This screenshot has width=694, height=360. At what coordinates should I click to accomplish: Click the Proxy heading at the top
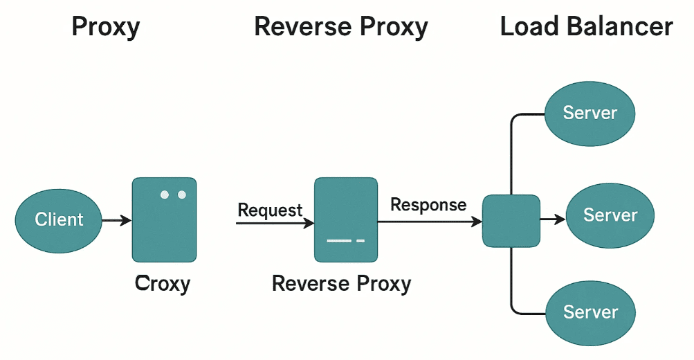(x=106, y=27)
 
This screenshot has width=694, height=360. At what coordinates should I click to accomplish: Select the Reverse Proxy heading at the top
(x=341, y=27)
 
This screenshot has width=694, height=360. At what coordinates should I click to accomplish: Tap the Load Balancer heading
(x=586, y=27)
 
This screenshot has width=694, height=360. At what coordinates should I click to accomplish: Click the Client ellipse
(x=59, y=219)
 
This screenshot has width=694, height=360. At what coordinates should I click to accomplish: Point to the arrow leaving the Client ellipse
(x=116, y=221)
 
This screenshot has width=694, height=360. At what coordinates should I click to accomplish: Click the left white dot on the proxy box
(x=165, y=195)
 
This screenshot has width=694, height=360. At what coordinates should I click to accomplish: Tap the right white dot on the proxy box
(x=182, y=195)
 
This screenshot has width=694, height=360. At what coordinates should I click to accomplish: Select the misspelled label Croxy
(x=163, y=283)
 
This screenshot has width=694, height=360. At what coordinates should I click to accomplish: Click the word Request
(x=270, y=210)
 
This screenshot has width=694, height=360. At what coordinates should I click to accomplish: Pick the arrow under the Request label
(x=275, y=223)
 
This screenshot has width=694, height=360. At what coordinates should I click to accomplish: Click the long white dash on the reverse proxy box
(x=339, y=241)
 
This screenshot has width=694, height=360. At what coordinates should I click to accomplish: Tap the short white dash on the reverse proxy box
(x=360, y=241)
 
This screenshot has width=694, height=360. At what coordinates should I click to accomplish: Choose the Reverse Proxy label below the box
(x=341, y=283)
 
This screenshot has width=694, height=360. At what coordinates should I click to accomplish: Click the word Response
(x=428, y=205)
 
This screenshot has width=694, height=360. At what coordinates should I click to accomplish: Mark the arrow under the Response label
(x=429, y=222)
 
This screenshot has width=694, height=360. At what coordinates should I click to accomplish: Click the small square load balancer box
(x=511, y=221)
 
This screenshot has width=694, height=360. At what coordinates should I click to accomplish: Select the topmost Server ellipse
(x=590, y=113)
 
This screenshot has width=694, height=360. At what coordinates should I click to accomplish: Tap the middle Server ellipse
(x=610, y=215)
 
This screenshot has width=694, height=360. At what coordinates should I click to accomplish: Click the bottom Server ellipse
(x=590, y=312)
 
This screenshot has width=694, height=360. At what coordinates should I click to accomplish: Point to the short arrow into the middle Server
(x=553, y=219)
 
